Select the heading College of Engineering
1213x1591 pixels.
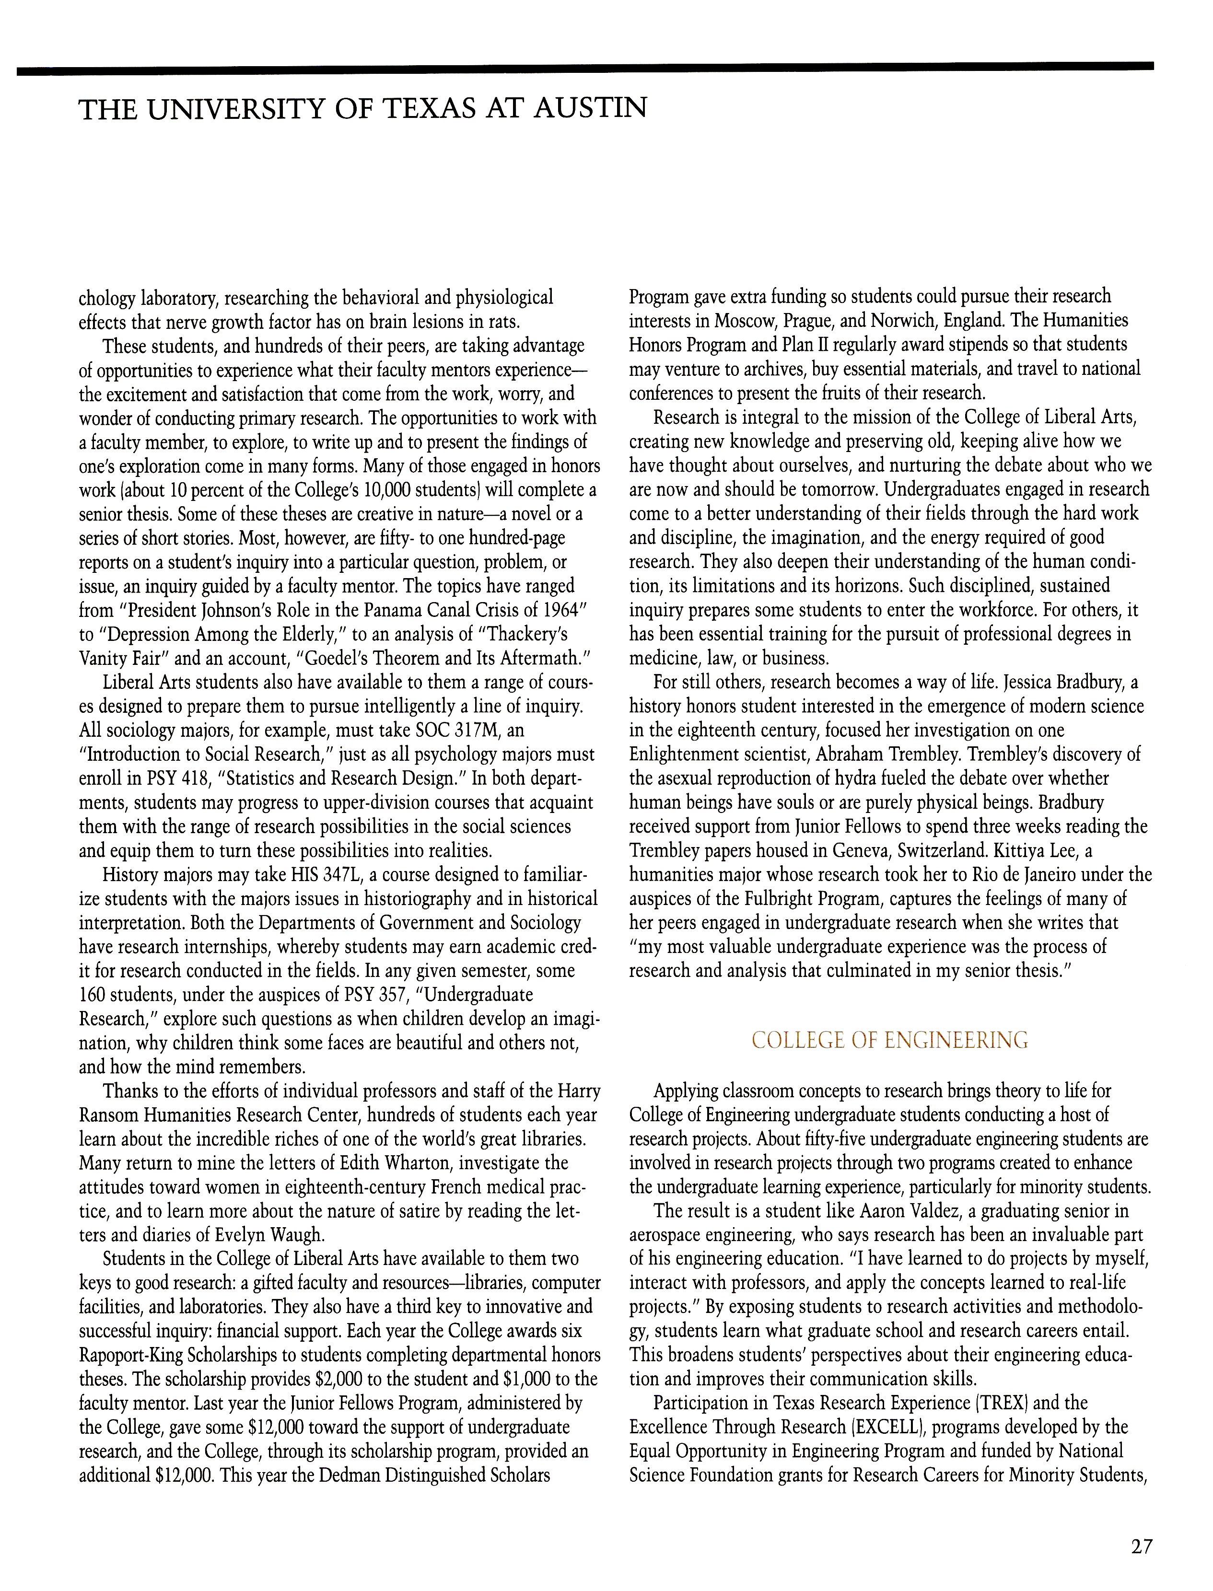coord(889,1040)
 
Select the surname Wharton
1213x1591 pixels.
coord(412,1163)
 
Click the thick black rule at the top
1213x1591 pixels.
coord(585,69)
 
